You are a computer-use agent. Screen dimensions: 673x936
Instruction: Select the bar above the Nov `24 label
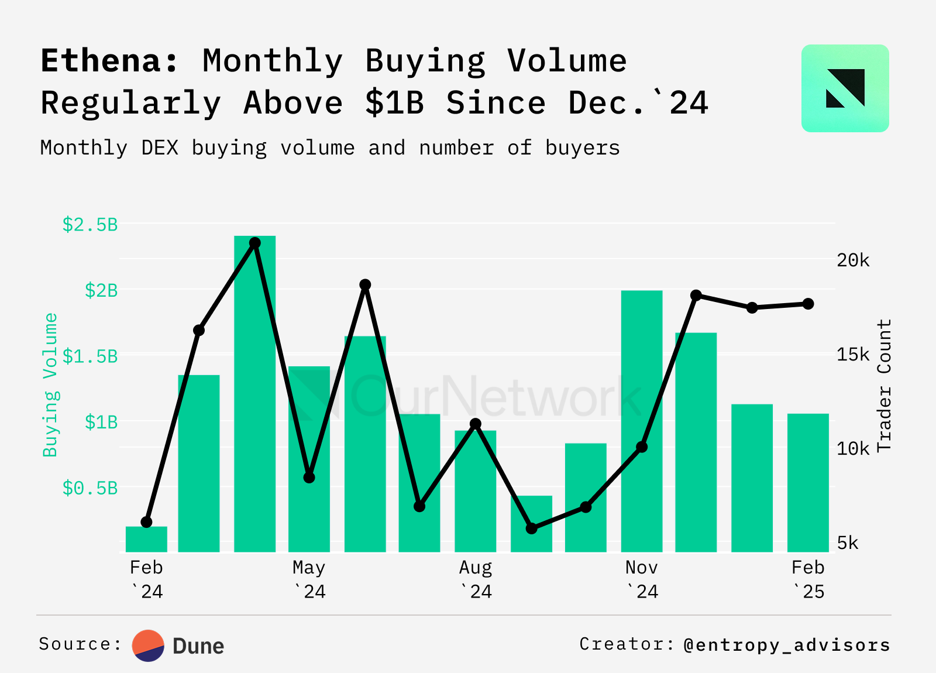coord(642,421)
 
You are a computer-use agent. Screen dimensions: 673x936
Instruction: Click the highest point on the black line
coord(254,243)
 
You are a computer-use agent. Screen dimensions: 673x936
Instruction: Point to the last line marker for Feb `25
coord(808,304)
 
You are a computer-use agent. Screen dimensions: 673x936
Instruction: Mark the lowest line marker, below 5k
coord(531,528)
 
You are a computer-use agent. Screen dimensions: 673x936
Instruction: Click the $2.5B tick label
coord(90,224)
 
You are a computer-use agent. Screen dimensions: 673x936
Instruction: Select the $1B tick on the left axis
coord(101,422)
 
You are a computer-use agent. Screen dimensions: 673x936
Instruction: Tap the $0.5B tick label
coord(90,488)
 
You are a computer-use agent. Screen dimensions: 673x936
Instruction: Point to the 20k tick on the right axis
coord(853,260)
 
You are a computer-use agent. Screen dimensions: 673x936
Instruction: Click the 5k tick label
coord(848,543)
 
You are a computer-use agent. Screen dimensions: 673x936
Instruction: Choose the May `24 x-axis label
coord(309,579)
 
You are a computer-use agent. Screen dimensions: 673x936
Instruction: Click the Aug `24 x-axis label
coord(476,579)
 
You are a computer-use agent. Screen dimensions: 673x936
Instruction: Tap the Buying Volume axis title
coord(51,384)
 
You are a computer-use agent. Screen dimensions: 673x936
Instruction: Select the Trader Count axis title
coord(884,385)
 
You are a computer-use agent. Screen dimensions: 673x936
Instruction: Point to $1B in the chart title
coord(394,103)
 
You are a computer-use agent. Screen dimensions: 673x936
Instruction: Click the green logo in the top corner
coord(845,88)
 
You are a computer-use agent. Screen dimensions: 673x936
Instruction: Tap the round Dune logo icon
coord(148,645)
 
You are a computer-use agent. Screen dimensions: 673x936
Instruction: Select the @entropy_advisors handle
coord(787,645)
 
